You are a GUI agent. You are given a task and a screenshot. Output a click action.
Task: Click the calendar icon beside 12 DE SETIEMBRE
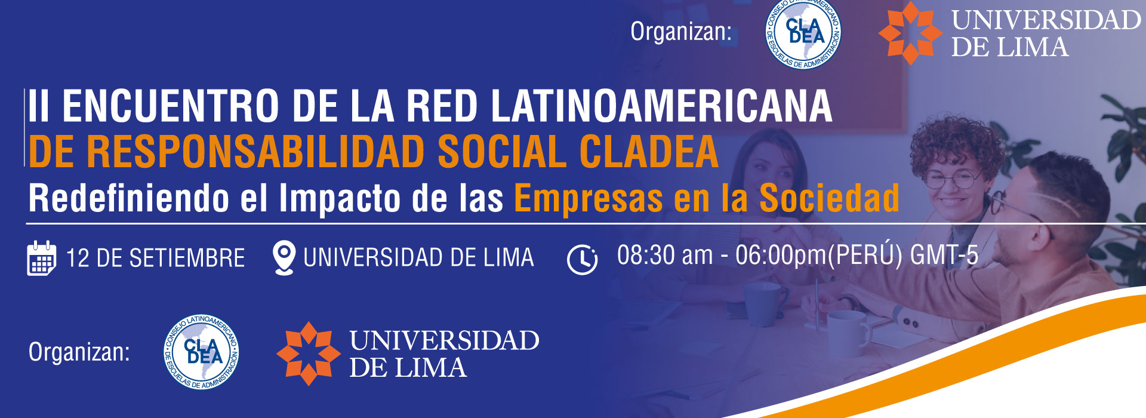click(x=42, y=258)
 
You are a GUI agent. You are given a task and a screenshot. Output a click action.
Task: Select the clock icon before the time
click(x=582, y=260)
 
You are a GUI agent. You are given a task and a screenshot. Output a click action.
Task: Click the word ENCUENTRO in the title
click(x=171, y=106)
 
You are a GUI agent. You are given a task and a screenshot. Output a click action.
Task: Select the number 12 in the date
click(x=78, y=259)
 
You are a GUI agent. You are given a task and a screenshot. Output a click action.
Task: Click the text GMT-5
click(x=944, y=255)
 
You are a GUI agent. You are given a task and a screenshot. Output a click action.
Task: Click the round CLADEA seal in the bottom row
click(x=202, y=352)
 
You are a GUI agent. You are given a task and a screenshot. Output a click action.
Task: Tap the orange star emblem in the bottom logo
click(x=309, y=354)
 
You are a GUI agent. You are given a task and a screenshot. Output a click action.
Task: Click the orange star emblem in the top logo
click(x=910, y=33)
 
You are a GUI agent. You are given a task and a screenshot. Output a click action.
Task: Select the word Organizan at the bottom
click(x=79, y=352)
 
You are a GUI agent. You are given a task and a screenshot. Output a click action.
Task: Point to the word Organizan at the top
click(x=681, y=32)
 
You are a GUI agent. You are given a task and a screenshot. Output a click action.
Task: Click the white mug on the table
click(x=849, y=333)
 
